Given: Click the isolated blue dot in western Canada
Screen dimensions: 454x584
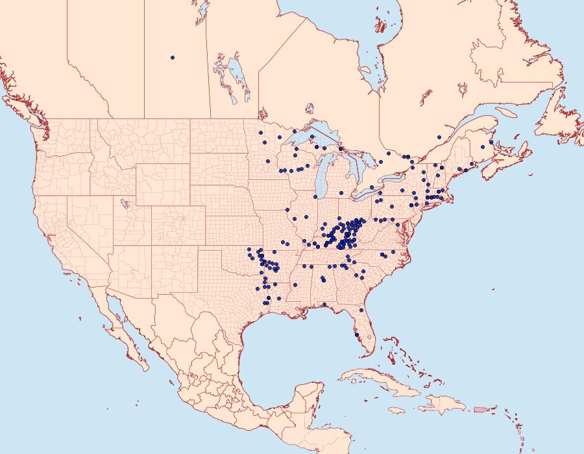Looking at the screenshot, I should (173, 58).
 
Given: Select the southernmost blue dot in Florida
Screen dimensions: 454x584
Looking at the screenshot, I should (356, 335).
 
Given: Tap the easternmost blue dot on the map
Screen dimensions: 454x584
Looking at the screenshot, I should (491, 142).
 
